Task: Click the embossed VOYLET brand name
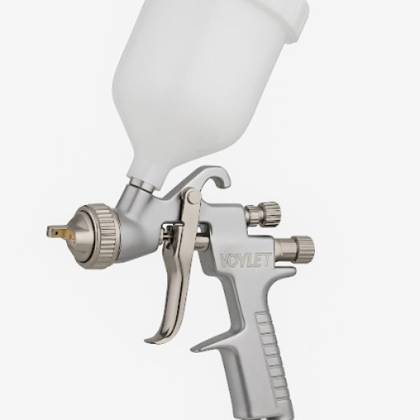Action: tap(246, 260)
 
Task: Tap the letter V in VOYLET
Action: tap(225, 260)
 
